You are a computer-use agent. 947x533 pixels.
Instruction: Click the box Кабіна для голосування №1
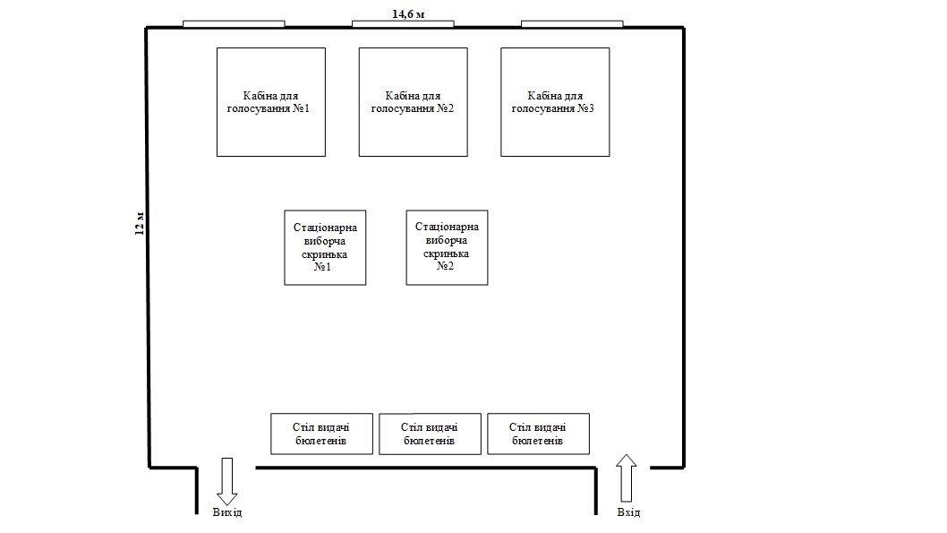pyautogui.click(x=270, y=102)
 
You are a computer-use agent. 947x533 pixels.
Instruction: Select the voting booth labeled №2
pyautogui.click(x=413, y=102)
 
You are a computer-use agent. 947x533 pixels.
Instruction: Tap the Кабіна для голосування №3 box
pyautogui.click(x=555, y=102)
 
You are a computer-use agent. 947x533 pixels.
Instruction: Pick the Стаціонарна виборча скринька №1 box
pyautogui.click(x=325, y=247)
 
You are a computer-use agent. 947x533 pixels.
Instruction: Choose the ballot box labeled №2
pyautogui.click(x=447, y=247)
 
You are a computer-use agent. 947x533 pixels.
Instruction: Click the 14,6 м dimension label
pyautogui.click(x=408, y=13)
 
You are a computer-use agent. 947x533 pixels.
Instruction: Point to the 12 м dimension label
pyautogui.click(x=139, y=223)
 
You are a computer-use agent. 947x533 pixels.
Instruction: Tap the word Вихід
pyautogui.click(x=226, y=512)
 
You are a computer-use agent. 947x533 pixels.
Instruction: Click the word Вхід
pyautogui.click(x=628, y=512)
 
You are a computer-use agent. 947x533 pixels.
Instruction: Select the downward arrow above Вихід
pyautogui.click(x=226, y=480)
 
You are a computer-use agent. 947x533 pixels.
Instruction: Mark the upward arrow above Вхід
pyautogui.click(x=627, y=477)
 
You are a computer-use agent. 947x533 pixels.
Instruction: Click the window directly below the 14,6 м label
pyautogui.click(x=402, y=24)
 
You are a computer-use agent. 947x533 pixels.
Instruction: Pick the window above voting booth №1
pyautogui.click(x=234, y=24)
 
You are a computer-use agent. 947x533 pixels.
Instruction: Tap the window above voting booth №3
pyautogui.click(x=571, y=24)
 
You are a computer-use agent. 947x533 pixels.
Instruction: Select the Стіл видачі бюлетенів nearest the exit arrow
pyautogui.click(x=321, y=434)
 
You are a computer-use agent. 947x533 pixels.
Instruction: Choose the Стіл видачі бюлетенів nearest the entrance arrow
pyautogui.click(x=538, y=434)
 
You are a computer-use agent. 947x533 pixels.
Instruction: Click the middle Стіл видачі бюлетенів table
pyautogui.click(x=430, y=434)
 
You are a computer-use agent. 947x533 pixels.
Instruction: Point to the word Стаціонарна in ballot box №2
pyautogui.click(x=447, y=227)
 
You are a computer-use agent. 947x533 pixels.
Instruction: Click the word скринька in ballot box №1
pyautogui.click(x=325, y=254)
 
